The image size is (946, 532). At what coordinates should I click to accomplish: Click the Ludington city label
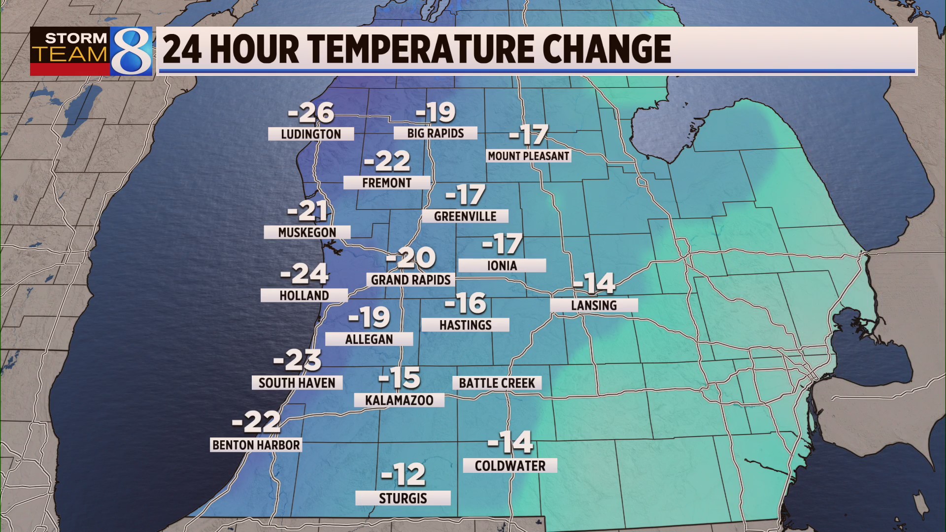coord(311,134)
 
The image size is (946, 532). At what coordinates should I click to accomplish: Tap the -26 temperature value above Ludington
coord(311,113)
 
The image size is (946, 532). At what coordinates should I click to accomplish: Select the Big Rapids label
coord(436,133)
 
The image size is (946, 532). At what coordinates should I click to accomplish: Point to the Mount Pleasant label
coord(528,156)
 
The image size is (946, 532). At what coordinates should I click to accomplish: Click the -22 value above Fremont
coord(387,161)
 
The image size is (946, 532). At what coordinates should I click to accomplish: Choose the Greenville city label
coord(465,216)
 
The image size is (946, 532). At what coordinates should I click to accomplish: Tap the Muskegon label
coord(307,233)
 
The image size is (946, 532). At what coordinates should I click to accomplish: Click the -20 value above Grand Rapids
coord(411,258)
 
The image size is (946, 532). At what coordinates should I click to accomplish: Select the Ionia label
coord(502,266)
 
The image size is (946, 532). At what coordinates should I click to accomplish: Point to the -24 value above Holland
coord(304,274)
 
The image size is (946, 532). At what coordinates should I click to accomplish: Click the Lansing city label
coord(594,305)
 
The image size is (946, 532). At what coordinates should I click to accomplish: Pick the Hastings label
coord(466,325)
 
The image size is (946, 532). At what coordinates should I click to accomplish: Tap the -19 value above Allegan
coord(370,317)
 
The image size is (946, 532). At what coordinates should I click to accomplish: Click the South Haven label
coord(297,383)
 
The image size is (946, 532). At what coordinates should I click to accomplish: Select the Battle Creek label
coord(497,383)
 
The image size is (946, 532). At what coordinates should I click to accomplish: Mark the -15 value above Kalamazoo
coord(400,378)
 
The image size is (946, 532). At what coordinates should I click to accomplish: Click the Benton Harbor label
coord(256,445)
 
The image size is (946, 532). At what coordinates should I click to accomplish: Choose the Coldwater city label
coord(510,466)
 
